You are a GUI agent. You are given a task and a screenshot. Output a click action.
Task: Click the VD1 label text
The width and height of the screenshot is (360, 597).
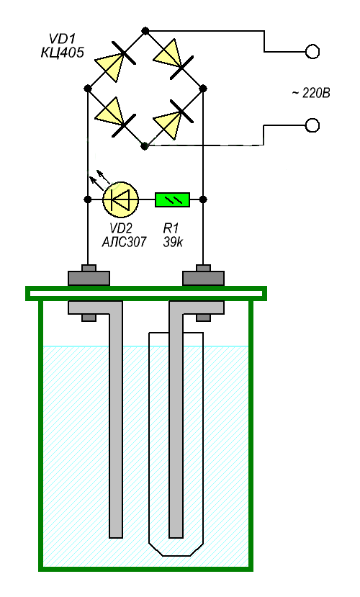point(63,39)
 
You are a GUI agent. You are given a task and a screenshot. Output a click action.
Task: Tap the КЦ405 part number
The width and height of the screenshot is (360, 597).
point(62,52)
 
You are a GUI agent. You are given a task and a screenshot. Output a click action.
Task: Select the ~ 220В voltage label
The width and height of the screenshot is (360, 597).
point(311,93)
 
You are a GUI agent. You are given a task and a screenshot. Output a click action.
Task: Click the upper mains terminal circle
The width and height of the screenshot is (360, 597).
point(312,51)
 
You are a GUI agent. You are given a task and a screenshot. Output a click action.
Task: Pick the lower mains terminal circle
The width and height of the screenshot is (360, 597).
point(312,125)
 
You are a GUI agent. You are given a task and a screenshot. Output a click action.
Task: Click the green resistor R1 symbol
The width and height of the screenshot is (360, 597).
point(172,199)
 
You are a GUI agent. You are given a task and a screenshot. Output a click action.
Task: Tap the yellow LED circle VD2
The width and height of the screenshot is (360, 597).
point(121,199)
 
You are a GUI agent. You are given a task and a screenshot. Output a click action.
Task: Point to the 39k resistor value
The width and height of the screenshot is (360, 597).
point(173,242)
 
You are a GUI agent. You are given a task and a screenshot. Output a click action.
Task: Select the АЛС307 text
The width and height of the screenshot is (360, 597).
point(124,242)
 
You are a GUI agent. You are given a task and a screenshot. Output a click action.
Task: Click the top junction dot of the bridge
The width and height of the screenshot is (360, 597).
point(145,31)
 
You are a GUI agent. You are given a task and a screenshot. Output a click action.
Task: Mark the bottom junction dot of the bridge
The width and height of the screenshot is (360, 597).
point(144,145)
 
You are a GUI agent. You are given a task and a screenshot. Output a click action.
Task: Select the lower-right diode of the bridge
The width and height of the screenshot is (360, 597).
point(174,119)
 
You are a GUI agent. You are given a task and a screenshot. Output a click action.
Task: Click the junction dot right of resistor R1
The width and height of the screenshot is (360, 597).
point(203,199)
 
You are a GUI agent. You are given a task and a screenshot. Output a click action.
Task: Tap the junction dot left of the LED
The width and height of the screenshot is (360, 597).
point(88,199)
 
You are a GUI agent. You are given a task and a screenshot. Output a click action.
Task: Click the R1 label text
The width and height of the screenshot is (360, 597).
point(171,228)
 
